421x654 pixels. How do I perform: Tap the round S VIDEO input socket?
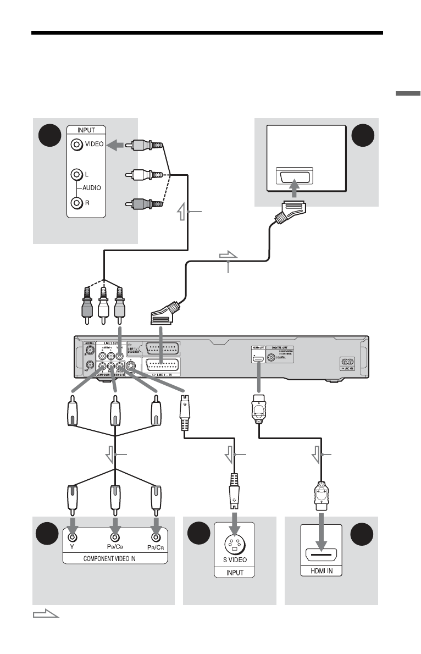click(235, 545)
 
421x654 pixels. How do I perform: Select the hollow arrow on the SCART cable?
click(229, 255)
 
